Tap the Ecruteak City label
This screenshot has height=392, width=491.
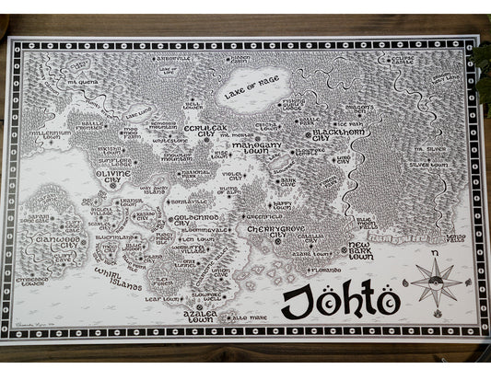coord(205,131)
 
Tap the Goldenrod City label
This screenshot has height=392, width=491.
coord(193,221)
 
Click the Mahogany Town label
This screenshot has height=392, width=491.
coord(251,142)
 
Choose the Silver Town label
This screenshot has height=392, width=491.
coord(427,166)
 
